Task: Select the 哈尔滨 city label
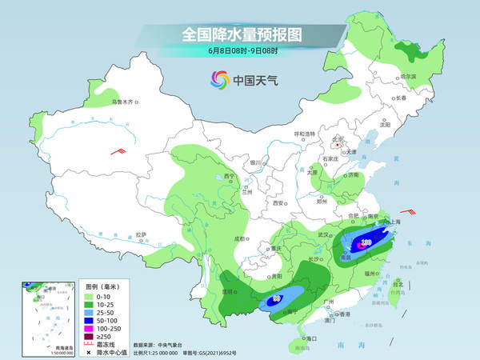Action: pos(407,76)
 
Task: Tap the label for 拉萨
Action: pos(142,234)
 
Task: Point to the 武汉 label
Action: pos(324,234)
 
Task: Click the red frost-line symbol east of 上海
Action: pos(409,211)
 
